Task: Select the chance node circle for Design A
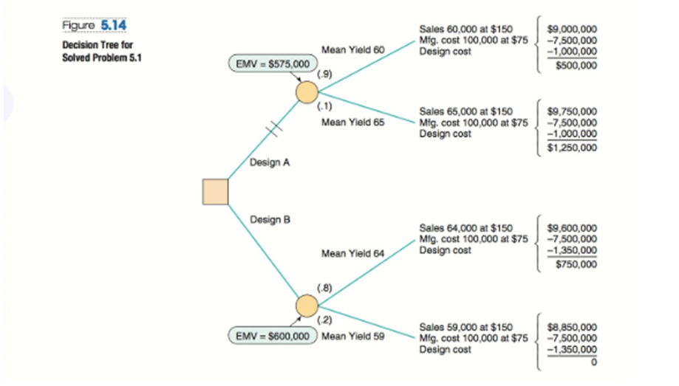307,92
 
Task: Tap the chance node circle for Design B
307,304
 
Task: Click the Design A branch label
270,162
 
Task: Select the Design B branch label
270,219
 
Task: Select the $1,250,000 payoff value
573,148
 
